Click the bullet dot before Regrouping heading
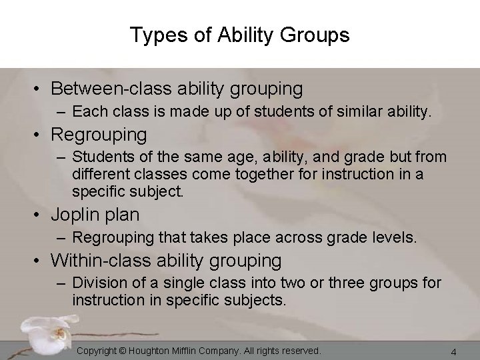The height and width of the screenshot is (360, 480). (41, 135)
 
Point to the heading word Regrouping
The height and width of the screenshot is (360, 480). (99, 135)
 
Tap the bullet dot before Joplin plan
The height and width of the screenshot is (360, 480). (41, 215)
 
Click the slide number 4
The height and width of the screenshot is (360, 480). (453, 351)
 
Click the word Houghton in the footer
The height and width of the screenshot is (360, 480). (152, 351)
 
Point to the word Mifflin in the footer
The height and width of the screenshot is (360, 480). (192, 351)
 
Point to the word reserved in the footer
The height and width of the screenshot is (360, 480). (299, 351)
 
